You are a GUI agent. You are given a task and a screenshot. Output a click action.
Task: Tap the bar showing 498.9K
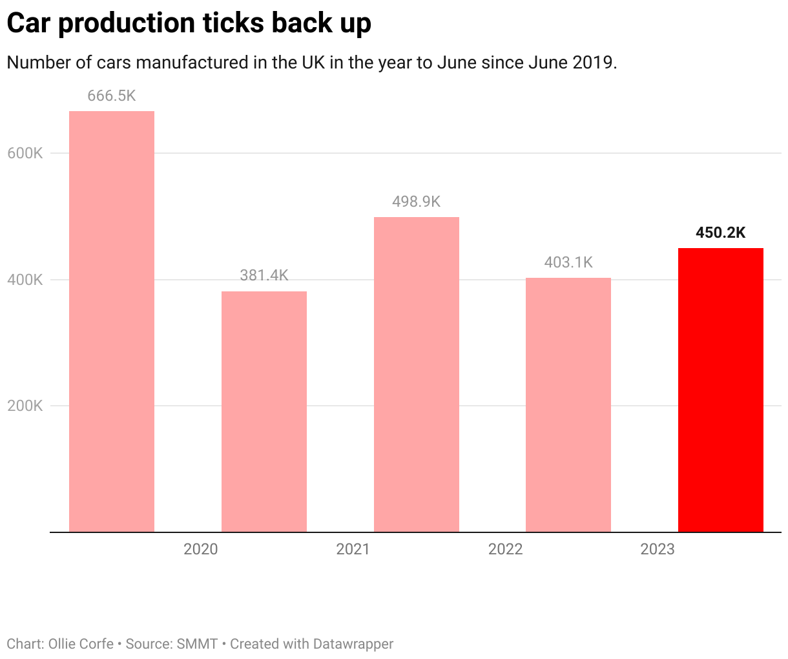pyautogui.click(x=417, y=374)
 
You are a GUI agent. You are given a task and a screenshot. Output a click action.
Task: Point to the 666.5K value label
pyautogui.click(x=112, y=96)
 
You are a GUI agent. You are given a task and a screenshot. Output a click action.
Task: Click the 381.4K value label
pyautogui.click(x=264, y=275)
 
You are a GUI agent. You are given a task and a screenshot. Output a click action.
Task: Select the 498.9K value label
pyautogui.click(x=417, y=202)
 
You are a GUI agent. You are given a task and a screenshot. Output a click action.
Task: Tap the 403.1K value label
pyautogui.click(x=568, y=262)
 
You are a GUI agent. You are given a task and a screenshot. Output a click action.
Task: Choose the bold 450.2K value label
pyautogui.click(x=721, y=233)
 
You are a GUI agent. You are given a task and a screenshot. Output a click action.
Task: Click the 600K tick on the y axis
pyautogui.click(x=25, y=154)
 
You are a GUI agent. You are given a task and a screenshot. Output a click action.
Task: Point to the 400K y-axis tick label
pyautogui.click(x=25, y=280)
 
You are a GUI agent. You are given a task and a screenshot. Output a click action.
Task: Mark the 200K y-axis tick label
pyautogui.click(x=25, y=406)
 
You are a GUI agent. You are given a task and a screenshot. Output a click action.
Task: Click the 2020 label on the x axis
pyautogui.click(x=201, y=549)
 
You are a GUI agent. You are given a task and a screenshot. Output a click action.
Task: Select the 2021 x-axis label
pyautogui.click(x=353, y=549)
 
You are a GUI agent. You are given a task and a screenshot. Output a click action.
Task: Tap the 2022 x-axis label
pyautogui.click(x=506, y=549)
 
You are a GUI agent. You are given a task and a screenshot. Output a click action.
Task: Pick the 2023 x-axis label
pyautogui.click(x=658, y=549)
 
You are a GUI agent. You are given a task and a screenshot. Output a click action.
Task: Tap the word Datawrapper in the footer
pyautogui.click(x=353, y=644)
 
